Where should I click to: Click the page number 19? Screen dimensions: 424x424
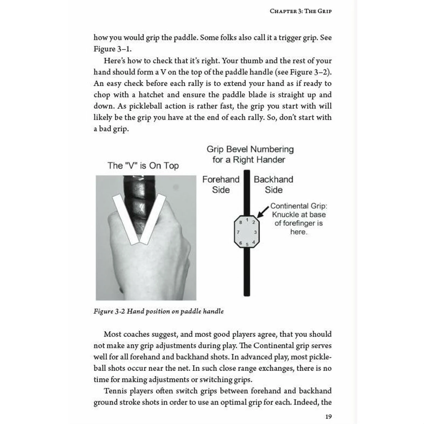pyautogui.click(x=328, y=416)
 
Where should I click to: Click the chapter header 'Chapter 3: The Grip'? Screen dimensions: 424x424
pyautogui.click(x=300, y=11)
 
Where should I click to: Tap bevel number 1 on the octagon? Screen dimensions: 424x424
pyautogui.click(x=247, y=220)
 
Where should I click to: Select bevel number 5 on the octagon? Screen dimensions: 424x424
pyautogui.click(x=247, y=244)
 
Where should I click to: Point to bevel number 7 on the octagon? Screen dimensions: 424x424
pyautogui.click(x=238, y=232)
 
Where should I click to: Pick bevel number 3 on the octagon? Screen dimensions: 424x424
pyautogui.click(x=255, y=232)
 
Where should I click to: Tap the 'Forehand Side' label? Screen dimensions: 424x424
pyautogui.click(x=221, y=185)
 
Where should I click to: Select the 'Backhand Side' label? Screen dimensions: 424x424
pyautogui.click(x=273, y=185)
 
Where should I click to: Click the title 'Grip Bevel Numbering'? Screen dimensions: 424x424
pyautogui.click(x=250, y=149)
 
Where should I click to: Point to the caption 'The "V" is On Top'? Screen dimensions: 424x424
pyautogui.click(x=143, y=166)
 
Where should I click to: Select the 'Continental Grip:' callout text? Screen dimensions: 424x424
pyautogui.click(x=298, y=206)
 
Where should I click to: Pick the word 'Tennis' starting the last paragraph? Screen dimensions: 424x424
pyautogui.click(x=115, y=391)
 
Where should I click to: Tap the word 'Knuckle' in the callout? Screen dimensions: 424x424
pyautogui.click(x=286, y=215)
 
